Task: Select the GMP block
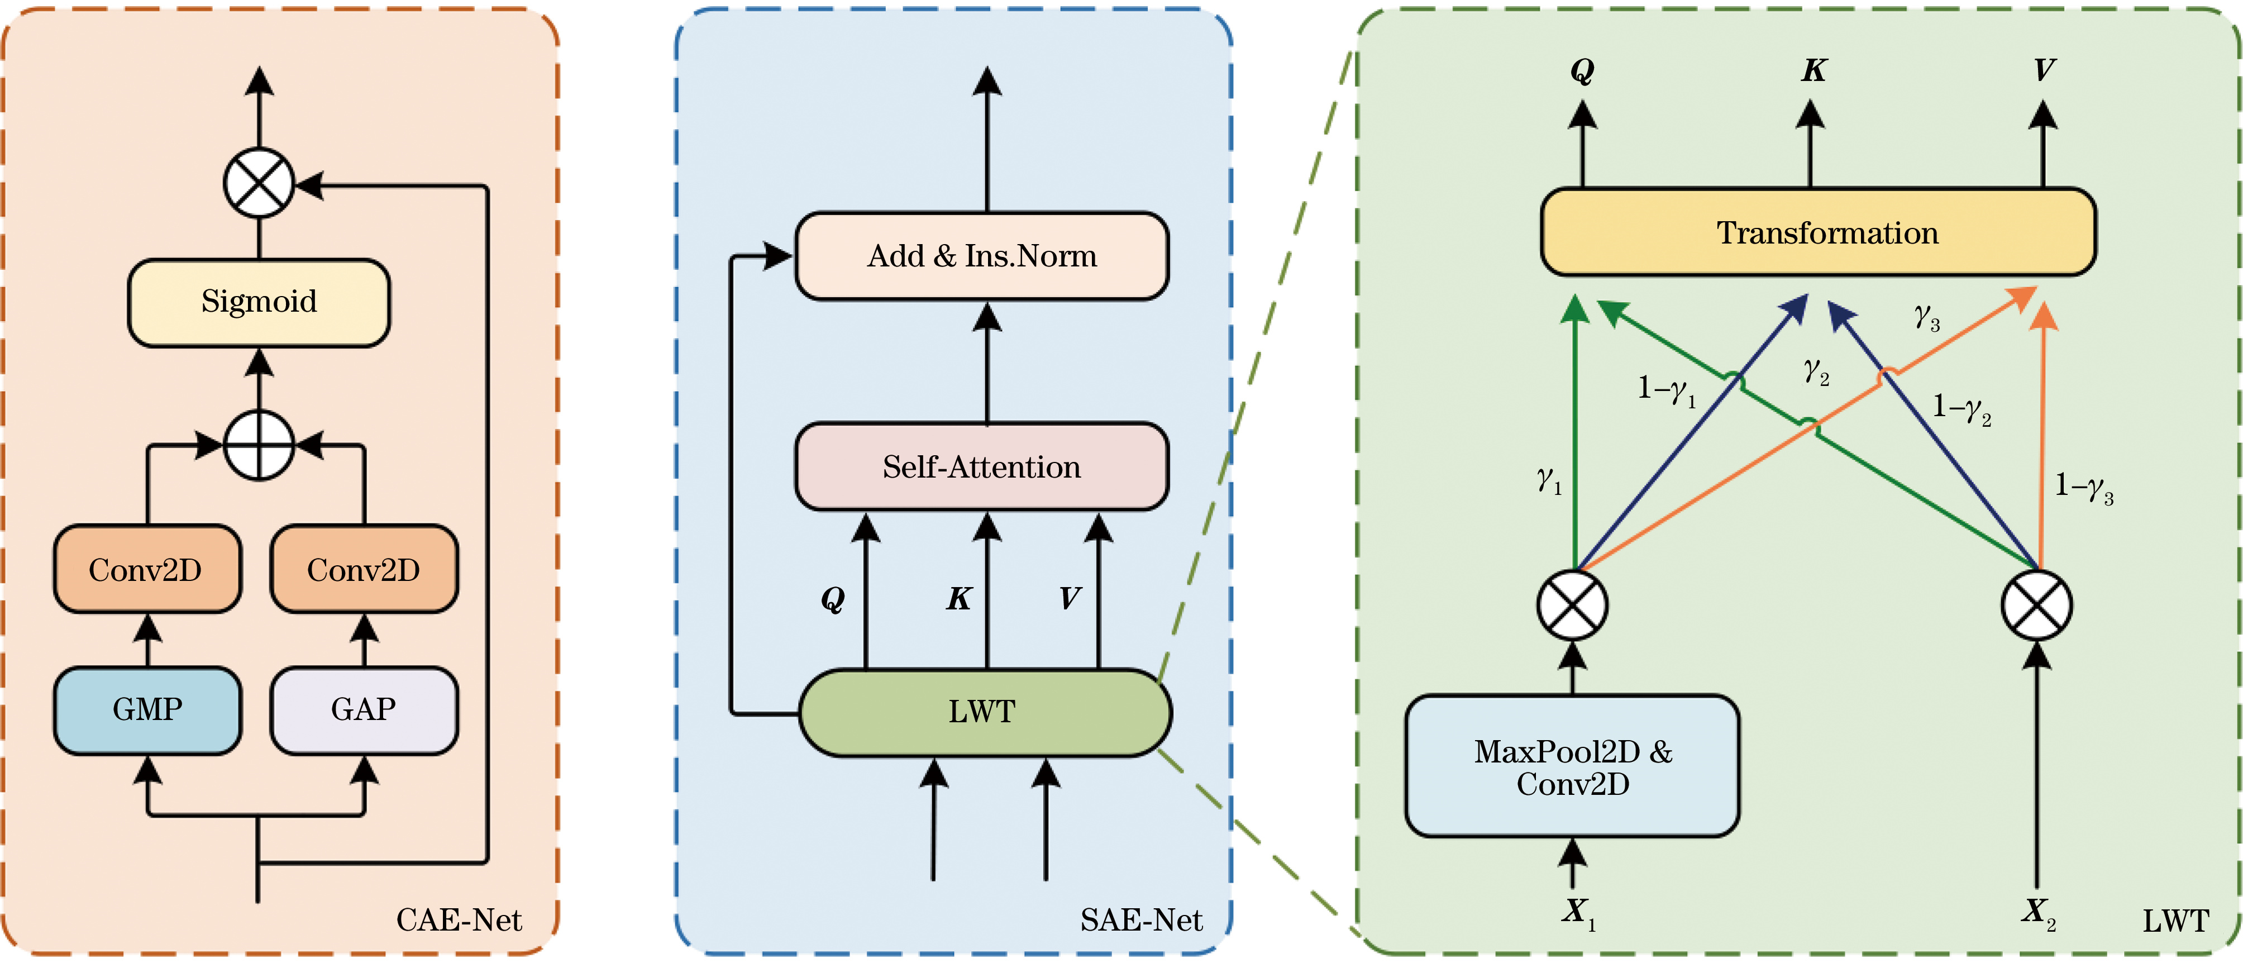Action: (147, 709)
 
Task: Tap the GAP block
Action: (364, 709)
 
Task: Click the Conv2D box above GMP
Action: (147, 569)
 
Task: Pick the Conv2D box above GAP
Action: (364, 569)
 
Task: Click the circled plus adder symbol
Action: (259, 445)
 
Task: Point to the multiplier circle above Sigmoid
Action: (259, 183)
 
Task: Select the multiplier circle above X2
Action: (2037, 605)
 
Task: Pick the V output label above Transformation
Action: (2044, 70)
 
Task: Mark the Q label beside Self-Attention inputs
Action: (832, 599)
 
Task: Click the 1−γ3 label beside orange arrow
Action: (2084, 488)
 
